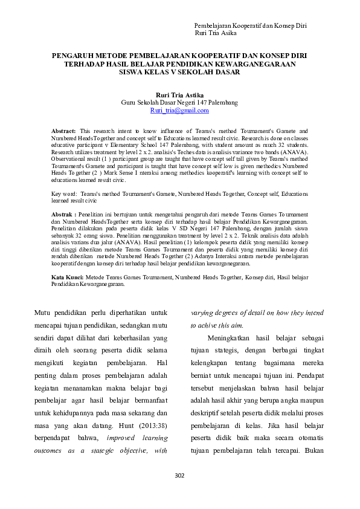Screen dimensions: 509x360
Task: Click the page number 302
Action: click(x=179, y=475)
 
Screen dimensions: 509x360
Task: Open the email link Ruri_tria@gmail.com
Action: click(x=179, y=111)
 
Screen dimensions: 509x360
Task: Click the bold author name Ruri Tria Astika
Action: click(x=179, y=96)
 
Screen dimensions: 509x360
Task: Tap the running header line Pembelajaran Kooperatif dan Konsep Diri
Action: click(x=250, y=27)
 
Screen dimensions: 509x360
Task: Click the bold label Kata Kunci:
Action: click(x=67, y=276)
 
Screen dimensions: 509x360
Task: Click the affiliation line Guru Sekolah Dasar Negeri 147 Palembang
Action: click(x=179, y=103)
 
